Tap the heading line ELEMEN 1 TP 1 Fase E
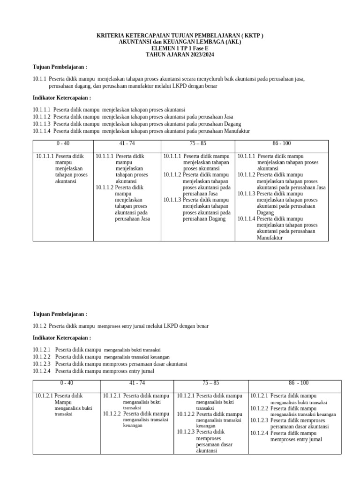click(180, 48)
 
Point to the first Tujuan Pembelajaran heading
click(60, 67)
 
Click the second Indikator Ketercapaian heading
click(61, 337)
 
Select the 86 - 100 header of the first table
click(281, 143)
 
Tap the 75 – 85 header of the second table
click(210, 383)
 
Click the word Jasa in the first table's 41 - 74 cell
click(145, 219)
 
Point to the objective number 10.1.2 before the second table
click(39, 326)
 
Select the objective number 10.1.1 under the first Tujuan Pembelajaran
click(39, 79)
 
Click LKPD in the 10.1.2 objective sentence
click(173, 326)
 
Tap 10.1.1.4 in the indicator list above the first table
click(42, 131)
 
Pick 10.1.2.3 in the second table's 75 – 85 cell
click(186, 432)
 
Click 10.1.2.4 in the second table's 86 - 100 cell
click(259, 433)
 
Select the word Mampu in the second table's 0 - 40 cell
click(62, 402)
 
